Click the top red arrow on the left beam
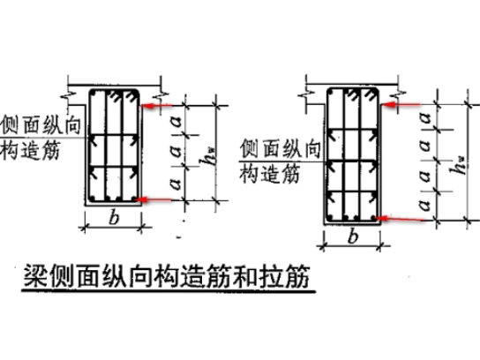(157, 106)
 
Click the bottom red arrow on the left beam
(153, 200)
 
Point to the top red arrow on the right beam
(401, 105)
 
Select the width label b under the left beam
(114, 218)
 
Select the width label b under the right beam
(353, 236)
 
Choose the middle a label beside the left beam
(176, 151)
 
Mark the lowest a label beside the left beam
(176, 184)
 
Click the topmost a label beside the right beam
(425, 117)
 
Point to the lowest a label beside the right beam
(425, 205)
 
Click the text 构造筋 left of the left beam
(30, 151)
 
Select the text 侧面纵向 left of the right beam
(280, 148)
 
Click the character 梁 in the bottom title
(35, 275)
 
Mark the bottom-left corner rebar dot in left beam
(94, 198)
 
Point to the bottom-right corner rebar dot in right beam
(373, 218)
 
